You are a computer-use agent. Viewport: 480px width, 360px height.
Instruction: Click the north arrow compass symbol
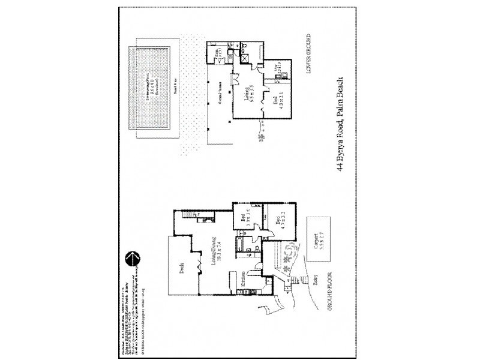pyautogui.click(x=132, y=257)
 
